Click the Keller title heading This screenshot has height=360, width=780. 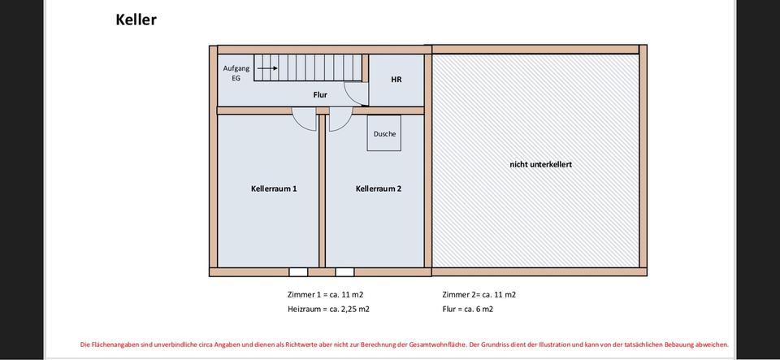pyautogui.click(x=136, y=20)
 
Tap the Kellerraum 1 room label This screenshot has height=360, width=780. pyautogui.click(x=274, y=189)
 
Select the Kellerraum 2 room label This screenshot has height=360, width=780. pyautogui.click(x=379, y=189)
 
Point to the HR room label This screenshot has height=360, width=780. pyautogui.click(x=396, y=80)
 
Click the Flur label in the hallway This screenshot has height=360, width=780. pyautogui.click(x=320, y=95)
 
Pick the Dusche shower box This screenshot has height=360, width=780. pyautogui.click(x=384, y=133)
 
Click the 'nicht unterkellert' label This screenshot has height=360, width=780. pyautogui.click(x=540, y=164)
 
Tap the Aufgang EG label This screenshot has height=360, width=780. pyautogui.click(x=232, y=73)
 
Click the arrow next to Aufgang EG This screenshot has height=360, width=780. pyautogui.click(x=267, y=69)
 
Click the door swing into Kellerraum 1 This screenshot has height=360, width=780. pyautogui.click(x=305, y=120)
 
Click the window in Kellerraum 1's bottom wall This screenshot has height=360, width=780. pyautogui.click(x=298, y=271)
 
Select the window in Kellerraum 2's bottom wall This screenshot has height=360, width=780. pyautogui.click(x=344, y=271)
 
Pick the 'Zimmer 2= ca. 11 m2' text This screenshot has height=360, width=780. pyautogui.click(x=479, y=294)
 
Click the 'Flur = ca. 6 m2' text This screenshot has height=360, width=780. pyautogui.click(x=467, y=309)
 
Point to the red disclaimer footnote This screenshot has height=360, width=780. pyautogui.click(x=404, y=345)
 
